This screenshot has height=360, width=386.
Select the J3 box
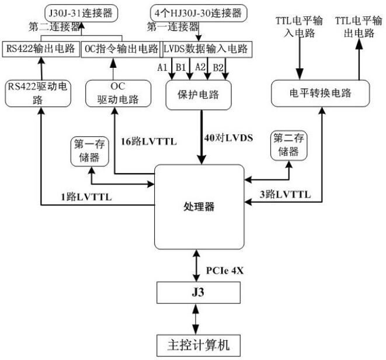coord(198,290)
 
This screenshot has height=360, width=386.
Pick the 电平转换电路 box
coord(321,94)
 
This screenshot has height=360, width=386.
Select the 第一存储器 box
coord(86,150)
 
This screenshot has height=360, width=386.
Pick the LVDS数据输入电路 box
coord(207,49)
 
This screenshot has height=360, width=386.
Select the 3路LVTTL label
coord(284,194)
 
